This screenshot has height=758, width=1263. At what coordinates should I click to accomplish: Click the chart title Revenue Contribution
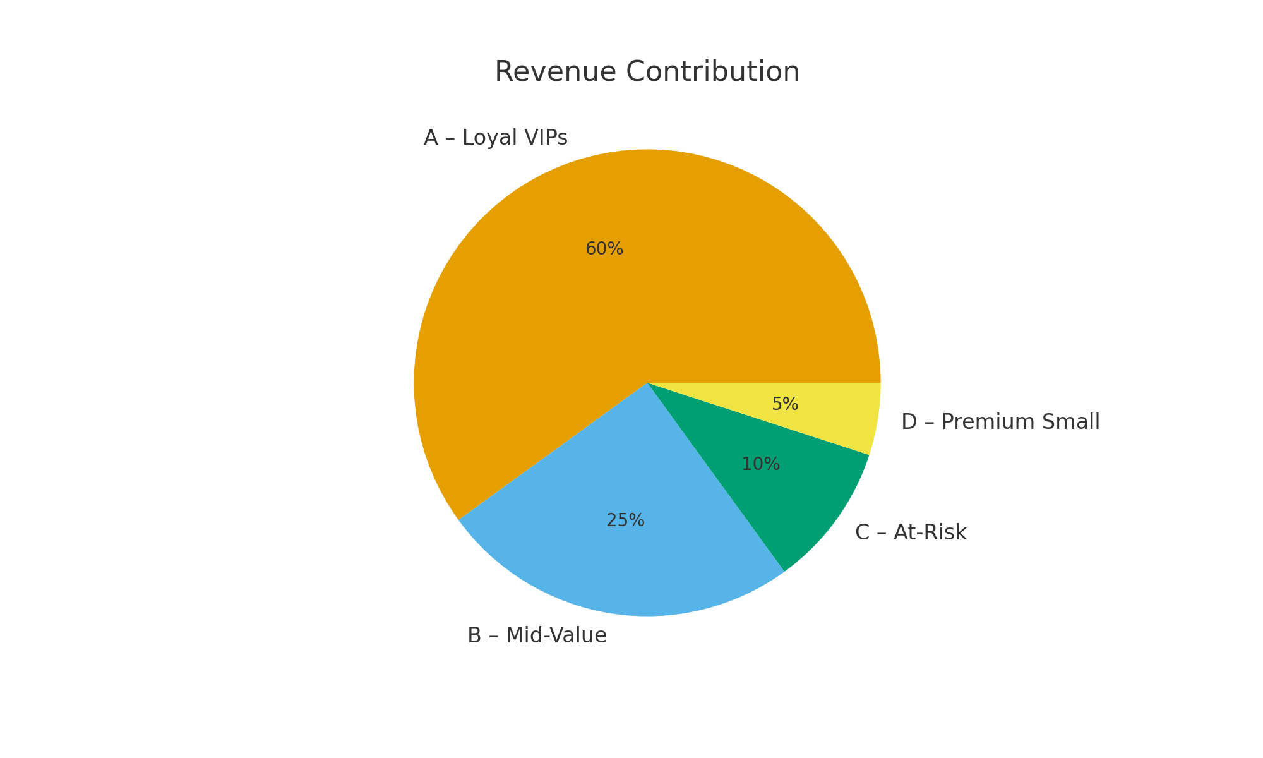point(647,71)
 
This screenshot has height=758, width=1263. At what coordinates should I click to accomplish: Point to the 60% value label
point(604,249)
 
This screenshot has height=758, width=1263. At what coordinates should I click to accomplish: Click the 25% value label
point(625,520)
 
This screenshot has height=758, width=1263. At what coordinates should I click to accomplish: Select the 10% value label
point(760,464)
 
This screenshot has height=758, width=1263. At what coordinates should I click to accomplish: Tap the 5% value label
point(785,404)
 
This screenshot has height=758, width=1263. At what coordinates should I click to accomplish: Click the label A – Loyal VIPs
point(496,137)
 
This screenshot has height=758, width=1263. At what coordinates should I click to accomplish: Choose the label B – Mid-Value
point(537,635)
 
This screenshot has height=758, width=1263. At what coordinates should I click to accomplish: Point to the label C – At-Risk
point(911,532)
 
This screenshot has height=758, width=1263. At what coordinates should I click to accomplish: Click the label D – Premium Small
point(1000,422)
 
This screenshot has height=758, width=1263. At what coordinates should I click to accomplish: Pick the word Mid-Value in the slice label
point(556,635)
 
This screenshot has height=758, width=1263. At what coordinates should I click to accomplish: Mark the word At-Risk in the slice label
point(930,532)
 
